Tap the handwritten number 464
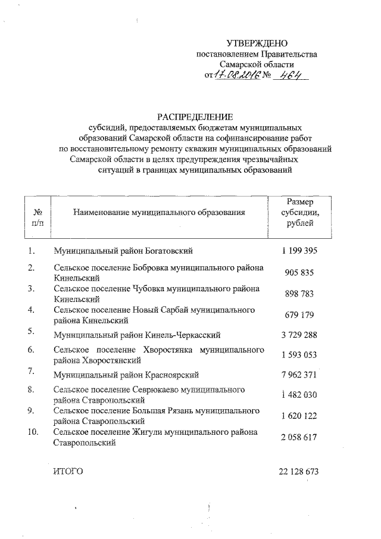coord(286,76)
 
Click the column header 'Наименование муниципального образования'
coord(159,212)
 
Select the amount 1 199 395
coord(300,251)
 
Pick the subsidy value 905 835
coord(300,273)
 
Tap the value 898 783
coord(300,294)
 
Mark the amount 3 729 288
coord(299,335)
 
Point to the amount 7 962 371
coord(299,375)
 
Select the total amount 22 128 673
coord(298,471)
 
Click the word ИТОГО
coord(67,471)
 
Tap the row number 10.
coord(33,432)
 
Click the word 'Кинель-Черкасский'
coord(184,335)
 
